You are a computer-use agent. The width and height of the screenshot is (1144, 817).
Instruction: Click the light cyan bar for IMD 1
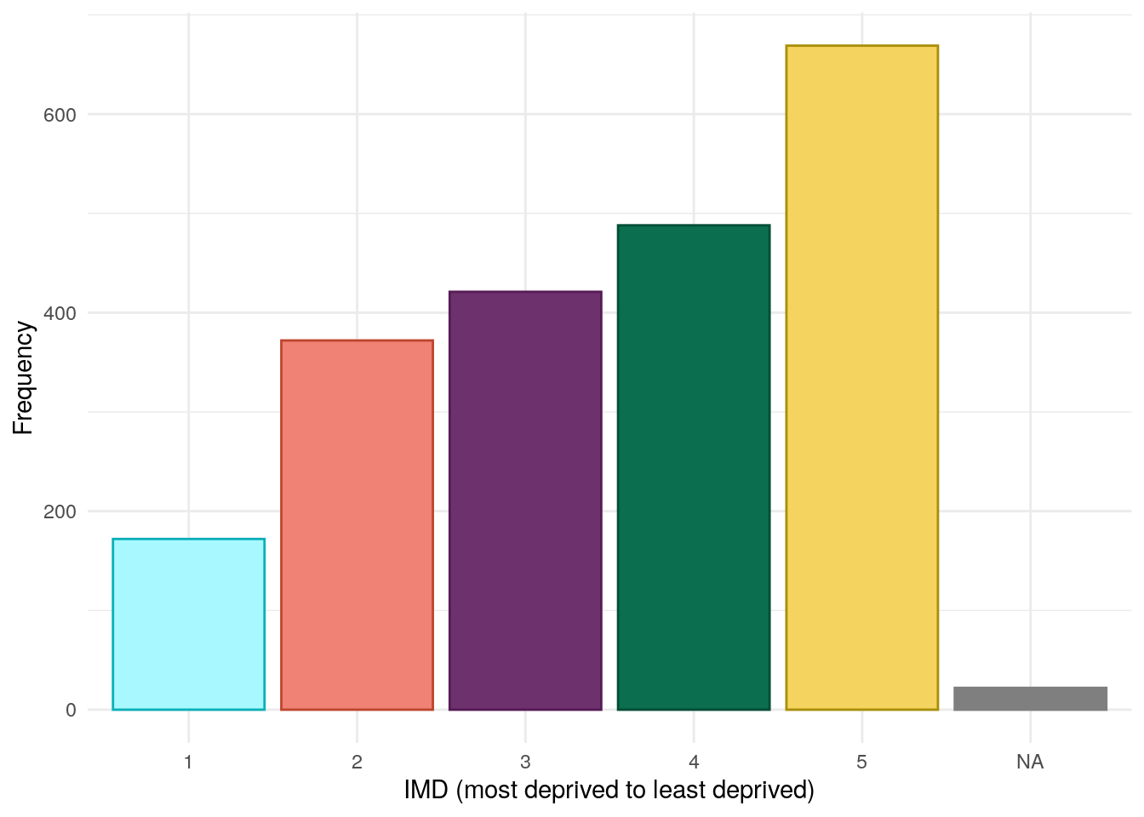pyautogui.click(x=188, y=624)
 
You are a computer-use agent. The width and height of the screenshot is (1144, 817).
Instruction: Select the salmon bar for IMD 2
pyautogui.click(x=357, y=524)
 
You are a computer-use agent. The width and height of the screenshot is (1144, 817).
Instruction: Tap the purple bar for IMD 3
pyautogui.click(x=525, y=500)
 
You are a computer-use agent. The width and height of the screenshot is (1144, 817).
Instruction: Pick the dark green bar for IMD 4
pyautogui.click(x=694, y=467)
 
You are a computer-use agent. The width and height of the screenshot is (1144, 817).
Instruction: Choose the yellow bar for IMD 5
pyautogui.click(x=861, y=377)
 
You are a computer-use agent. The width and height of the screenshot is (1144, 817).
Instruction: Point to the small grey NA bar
pyautogui.click(x=1030, y=698)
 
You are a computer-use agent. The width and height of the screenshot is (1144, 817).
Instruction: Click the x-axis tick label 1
pyautogui.click(x=188, y=762)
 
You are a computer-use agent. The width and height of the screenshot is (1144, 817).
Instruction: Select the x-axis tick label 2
pyautogui.click(x=357, y=762)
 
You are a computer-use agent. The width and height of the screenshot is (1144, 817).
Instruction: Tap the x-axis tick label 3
pyautogui.click(x=525, y=762)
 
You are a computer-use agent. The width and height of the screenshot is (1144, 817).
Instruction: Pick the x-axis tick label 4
pyautogui.click(x=694, y=762)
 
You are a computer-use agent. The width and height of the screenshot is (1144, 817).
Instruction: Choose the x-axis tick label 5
pyautogui.click(x=861, y=762)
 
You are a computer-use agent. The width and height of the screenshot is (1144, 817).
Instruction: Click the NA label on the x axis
pyautogui.click(x=1030, y=762)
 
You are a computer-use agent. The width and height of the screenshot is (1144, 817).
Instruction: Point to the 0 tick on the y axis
pyautogui.click(x=71, y=710)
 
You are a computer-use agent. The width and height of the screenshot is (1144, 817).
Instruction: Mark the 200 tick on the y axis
pyautogui.click(x=60, y=511)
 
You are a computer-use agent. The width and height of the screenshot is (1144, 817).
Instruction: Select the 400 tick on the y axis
pyautogui.click(x=60, y=313)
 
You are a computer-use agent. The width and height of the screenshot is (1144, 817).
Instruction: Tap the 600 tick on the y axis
pyautogui.click(x=60, y=115)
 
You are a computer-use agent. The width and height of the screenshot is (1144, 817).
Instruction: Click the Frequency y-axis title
pyautogui.click(x=23, y=378)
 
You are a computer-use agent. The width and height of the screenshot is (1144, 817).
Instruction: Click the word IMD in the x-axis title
pyautogui.click(x=426, y=791)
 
